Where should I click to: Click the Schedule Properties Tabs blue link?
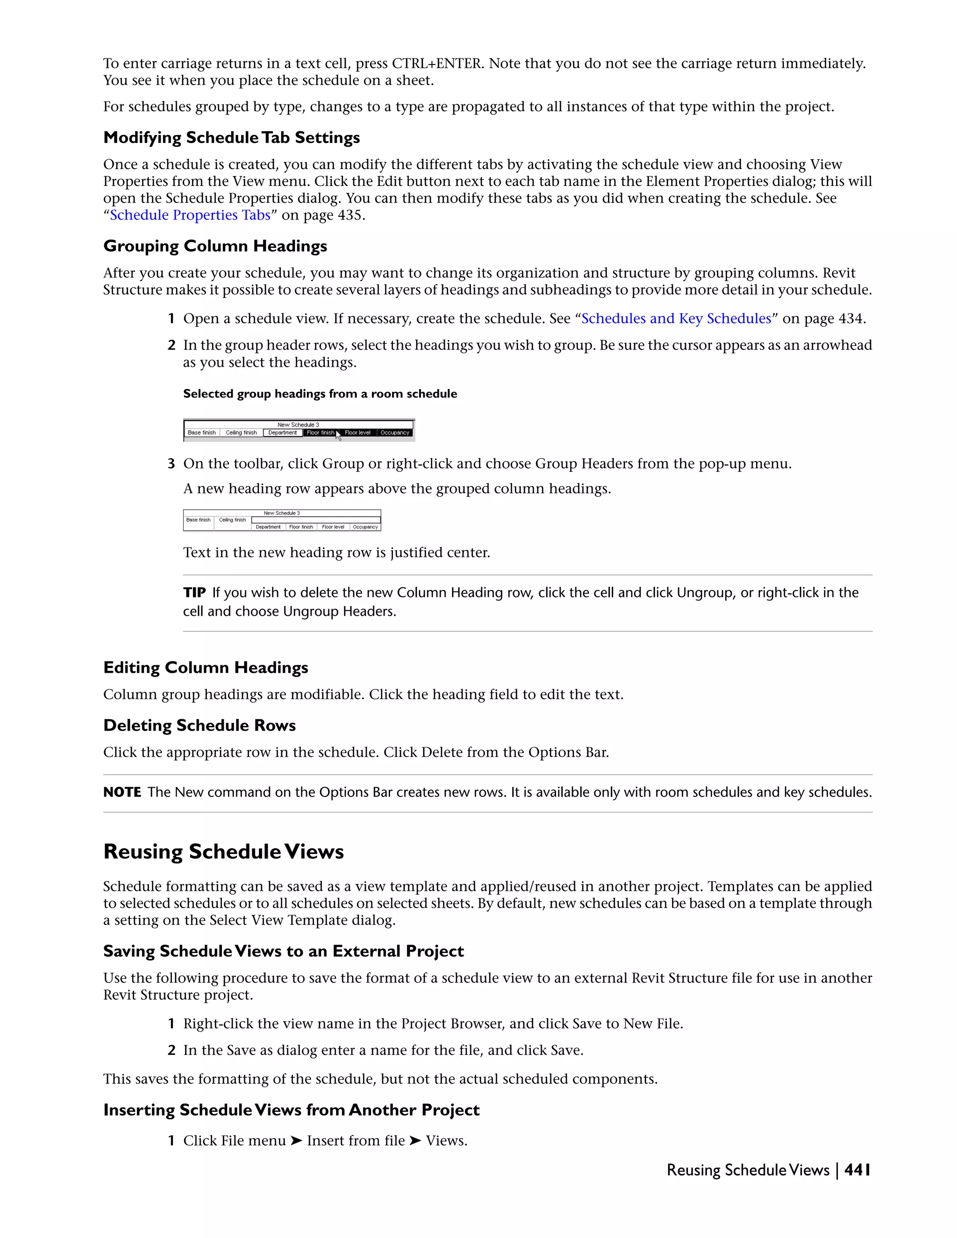(190, 215)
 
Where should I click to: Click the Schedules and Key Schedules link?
(676, 319)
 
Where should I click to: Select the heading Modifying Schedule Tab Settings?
(231, 138)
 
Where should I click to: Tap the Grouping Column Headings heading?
(215, 246)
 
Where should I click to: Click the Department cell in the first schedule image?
(282, 433)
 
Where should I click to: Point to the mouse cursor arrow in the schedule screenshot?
(338, 435)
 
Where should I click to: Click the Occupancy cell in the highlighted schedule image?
(394, 433)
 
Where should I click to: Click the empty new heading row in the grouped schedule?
(315, 520)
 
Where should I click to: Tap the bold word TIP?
(194, 593)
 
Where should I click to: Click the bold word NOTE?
(122, 792)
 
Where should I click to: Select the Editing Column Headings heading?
(205, 668)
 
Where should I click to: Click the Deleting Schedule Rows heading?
(199, 726)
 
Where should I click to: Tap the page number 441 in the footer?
(857, 1170)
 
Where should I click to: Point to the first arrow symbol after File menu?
(296, 1140)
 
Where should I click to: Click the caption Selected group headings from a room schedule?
(320, 394)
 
